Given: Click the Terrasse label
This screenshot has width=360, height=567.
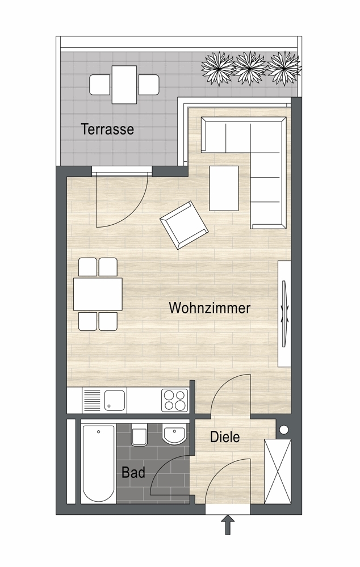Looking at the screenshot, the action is coord(107,129).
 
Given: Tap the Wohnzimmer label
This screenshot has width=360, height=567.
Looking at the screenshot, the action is coord(210,308).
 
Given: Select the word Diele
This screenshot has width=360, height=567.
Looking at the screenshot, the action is coord(225,437).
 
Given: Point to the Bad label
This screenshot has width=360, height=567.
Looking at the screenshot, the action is coord(133,472).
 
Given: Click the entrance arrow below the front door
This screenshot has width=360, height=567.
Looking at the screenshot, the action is coord(228,525).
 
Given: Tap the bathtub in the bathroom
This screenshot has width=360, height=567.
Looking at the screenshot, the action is coord(98,464).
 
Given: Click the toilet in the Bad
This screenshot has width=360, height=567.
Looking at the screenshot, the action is coord(139,434).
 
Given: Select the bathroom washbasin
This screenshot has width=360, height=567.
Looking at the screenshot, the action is coord(175,433).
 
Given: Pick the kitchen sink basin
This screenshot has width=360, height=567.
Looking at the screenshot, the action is coord(115,400).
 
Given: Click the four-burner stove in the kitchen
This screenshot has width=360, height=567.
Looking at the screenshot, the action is coord(175,400).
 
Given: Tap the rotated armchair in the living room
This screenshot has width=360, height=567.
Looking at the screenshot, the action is coord(184,225).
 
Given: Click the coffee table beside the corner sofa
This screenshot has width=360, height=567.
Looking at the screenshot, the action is coord(224,188).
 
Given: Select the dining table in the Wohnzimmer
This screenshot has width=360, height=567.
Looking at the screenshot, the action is coord(98,294).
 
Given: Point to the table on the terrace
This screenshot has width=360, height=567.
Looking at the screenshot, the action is coord(124,85).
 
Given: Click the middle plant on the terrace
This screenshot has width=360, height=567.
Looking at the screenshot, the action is coord(250,68).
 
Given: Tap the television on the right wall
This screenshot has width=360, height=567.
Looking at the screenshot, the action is coord(285,313).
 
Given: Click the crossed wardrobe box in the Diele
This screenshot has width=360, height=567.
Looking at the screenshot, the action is coord(278,471).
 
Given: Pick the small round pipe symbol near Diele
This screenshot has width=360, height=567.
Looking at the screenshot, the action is coord(284,430).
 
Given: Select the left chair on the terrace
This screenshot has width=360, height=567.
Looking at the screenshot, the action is coord(100,85).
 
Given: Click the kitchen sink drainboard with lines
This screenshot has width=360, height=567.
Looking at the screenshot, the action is coord(92,400).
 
